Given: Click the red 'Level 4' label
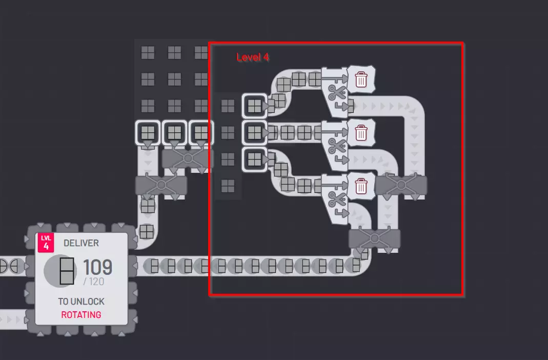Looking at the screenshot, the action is tap(252, 57).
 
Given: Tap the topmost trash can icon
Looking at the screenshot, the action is tap(361, 79).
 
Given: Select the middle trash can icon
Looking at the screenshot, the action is tap(361, 133).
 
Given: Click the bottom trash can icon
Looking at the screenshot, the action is tap(361, 186).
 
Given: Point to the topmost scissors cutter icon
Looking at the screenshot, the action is tap(337, 92).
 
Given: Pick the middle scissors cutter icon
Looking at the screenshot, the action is tap(337, 146).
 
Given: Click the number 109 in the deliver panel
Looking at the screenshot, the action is tap(97, 267).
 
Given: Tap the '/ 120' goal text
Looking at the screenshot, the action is tap(94, 282).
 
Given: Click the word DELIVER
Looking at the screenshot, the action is tap(81, 243).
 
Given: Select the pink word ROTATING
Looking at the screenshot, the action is tap(81, 315).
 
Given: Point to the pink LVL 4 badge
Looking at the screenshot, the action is tap(46, 242).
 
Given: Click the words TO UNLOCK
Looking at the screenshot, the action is tap(81, 301).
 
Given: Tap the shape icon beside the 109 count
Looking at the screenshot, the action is tap(67, 271).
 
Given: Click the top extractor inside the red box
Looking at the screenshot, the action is tap(254, 106).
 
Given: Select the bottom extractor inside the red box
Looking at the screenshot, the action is tap(254, 159).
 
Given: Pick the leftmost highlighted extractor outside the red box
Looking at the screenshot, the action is tap(148, 133).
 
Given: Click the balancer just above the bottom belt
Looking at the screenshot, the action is tap(374, 239).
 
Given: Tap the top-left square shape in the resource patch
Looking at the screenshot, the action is tap(148, 53).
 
